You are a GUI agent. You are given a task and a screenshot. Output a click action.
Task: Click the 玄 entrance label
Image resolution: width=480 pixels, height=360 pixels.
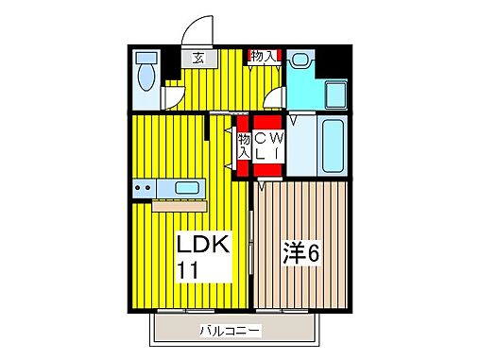[x=199, y=57]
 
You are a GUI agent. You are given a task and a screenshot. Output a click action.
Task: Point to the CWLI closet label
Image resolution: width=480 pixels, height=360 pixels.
[x=267, y=146]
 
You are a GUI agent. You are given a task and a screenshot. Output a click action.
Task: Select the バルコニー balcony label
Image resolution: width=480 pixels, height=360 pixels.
[x=231, y=331]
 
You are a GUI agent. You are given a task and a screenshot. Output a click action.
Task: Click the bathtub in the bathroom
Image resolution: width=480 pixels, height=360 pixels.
[x=332, y=144]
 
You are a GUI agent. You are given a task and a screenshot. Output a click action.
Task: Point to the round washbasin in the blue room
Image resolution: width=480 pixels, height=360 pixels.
[x=300, y=59]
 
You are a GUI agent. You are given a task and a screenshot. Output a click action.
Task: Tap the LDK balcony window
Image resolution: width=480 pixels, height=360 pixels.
[x=189, y=310]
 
